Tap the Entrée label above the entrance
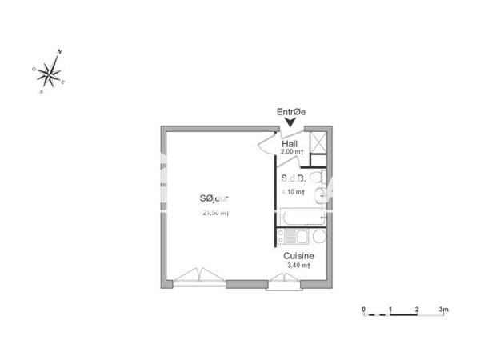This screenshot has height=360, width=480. click(291, 113)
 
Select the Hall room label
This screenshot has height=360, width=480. click(290, 144)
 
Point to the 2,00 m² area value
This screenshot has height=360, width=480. click(292, 152)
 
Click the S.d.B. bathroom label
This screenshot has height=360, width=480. click(293, 180)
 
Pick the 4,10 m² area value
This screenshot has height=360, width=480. click(294, 192)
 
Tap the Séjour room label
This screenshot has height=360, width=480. click(215, 199)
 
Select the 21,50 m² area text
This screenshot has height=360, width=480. click(216, 213)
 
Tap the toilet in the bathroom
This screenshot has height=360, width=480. click(317, 178)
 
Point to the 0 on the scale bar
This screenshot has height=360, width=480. click(363, 308)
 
